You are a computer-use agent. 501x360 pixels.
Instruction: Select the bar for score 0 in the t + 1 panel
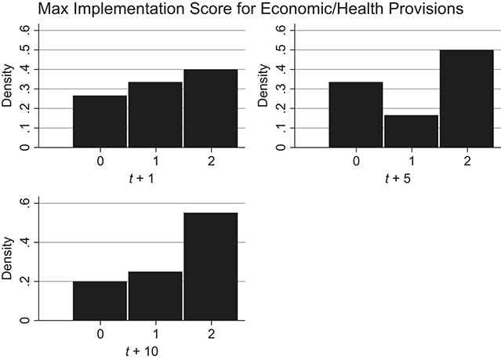click(100, 121)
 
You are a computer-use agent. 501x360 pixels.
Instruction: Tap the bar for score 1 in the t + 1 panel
click(155, 115)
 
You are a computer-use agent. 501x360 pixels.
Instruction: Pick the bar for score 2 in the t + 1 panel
click(210, 108)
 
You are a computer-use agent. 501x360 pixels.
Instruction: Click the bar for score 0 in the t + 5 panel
click(357, 115)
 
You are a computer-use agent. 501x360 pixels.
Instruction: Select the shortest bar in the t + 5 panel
click(411, 131)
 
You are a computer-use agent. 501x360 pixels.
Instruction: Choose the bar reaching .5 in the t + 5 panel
click(466, 98)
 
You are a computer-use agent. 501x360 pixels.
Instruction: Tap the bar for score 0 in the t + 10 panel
click(100, 300)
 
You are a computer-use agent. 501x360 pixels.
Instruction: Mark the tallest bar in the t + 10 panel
click(210, 266)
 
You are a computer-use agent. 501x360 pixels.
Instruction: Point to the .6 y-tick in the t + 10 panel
click(26, 203)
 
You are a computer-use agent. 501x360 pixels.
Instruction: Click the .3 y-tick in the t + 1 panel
click(26, 89)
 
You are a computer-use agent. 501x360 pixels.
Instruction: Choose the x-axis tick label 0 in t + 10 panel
click(100, 333)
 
